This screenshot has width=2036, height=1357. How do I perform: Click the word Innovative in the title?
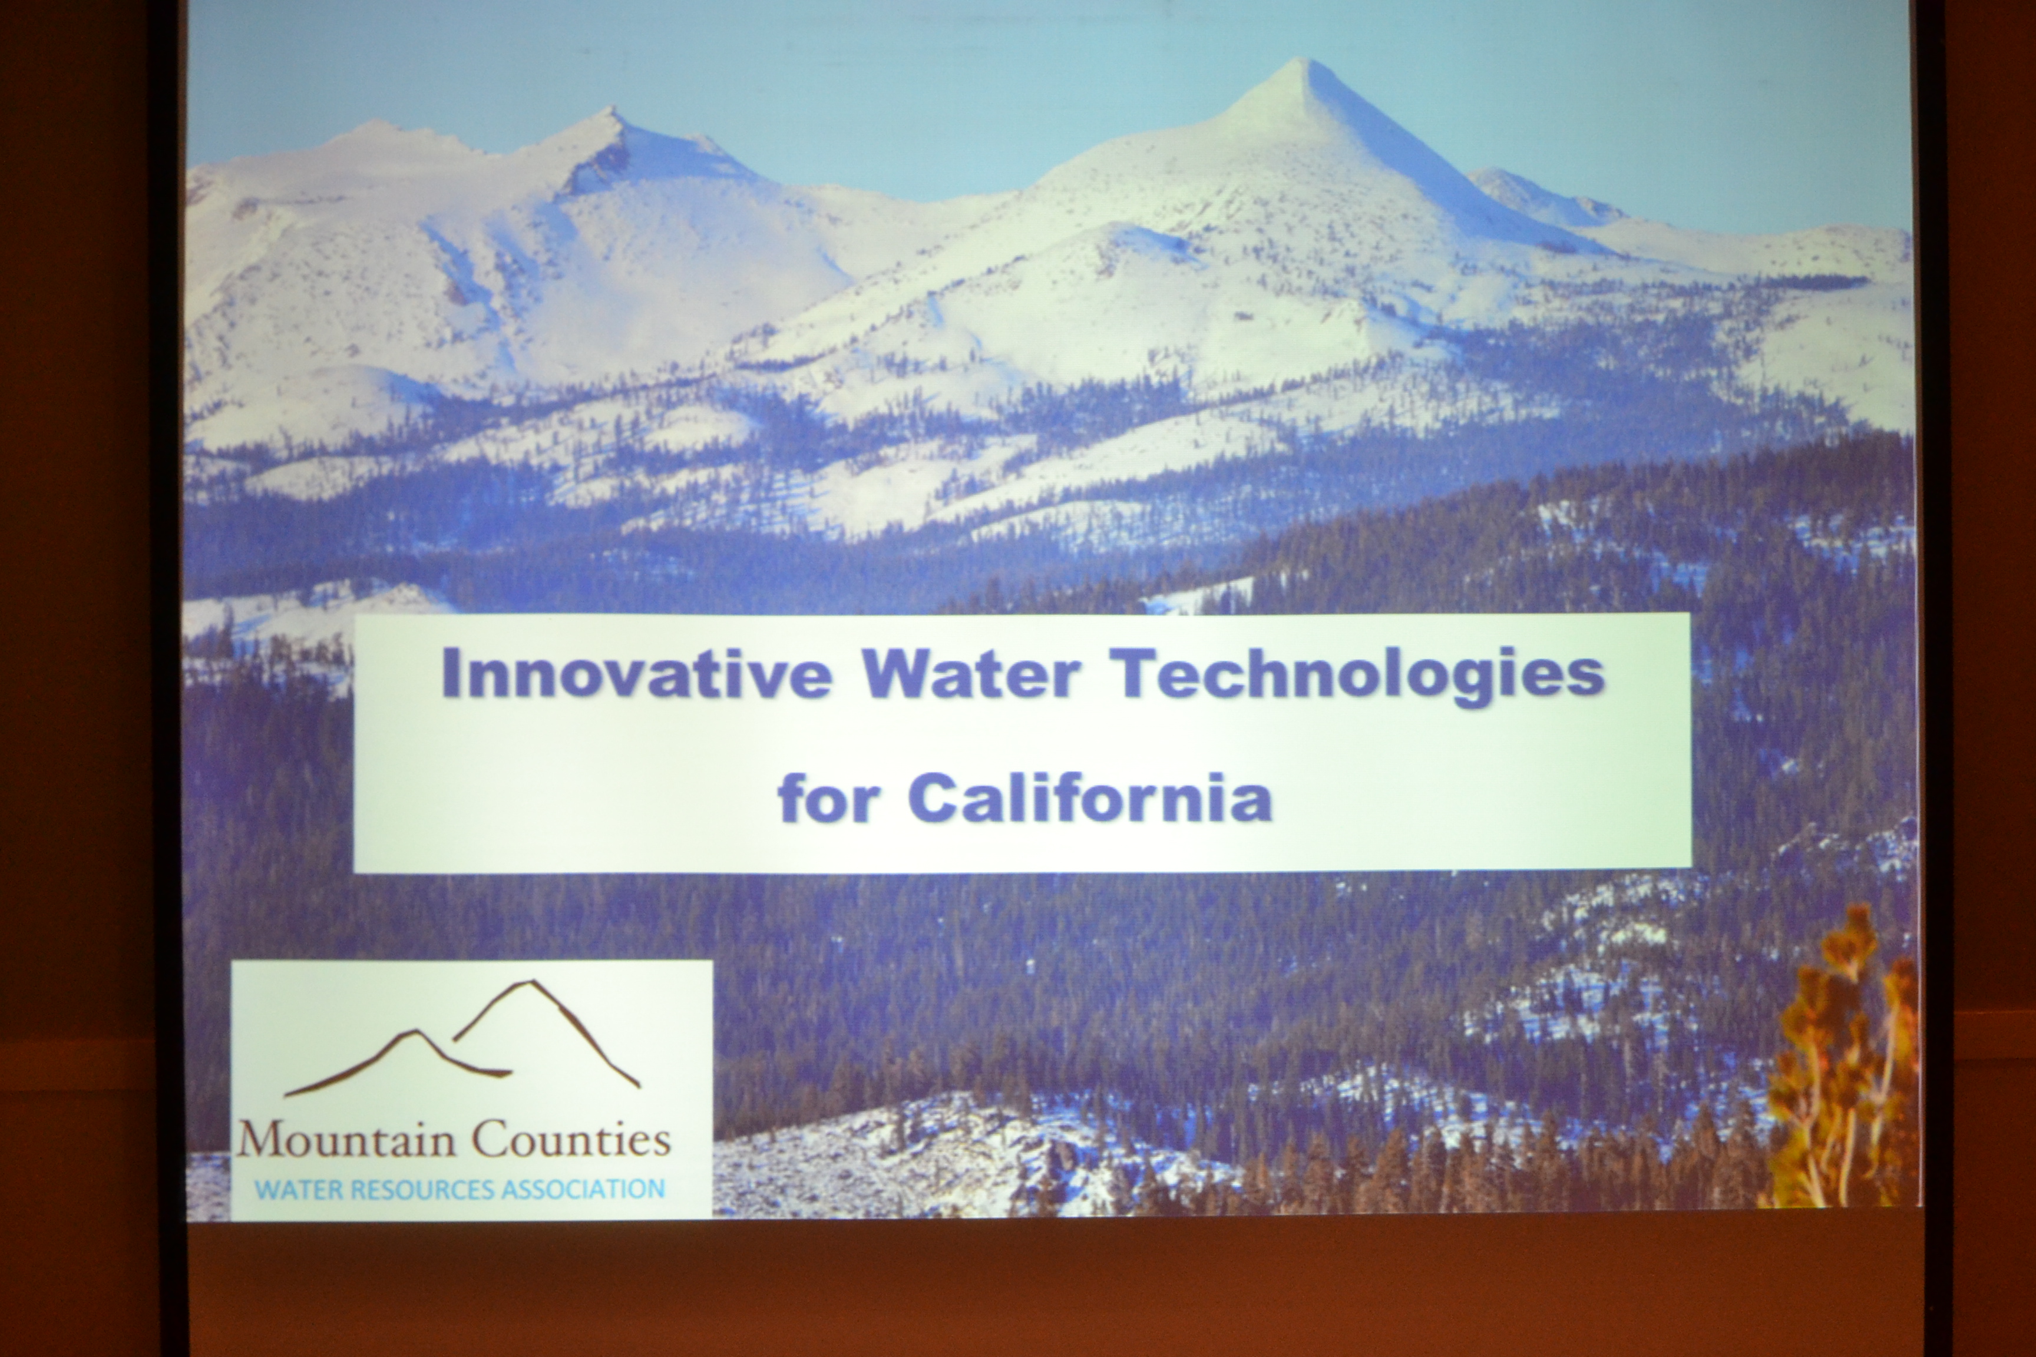pyautogui.click(x=636, y=674)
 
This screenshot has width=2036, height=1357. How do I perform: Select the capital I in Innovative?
pyautogui.click(x=450, y=674)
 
